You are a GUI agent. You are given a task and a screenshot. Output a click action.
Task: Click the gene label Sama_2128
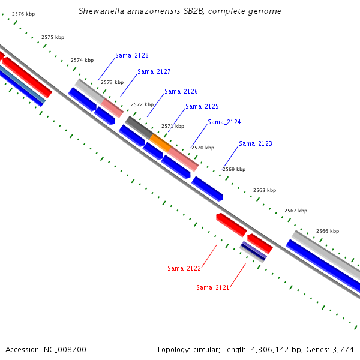pos(132,55)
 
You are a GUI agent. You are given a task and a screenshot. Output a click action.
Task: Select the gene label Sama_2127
pos(154,71)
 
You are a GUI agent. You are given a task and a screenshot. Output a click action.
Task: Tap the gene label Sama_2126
pos(181,91)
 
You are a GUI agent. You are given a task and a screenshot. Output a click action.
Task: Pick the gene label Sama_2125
pos(202,106)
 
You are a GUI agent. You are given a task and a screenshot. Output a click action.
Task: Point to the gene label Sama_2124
pos(224,122)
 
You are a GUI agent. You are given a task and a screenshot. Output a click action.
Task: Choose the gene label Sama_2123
pos(256,143)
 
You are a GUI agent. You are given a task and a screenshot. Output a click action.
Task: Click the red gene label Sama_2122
pos(184,268)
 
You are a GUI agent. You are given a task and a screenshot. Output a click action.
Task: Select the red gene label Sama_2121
pos(213,287)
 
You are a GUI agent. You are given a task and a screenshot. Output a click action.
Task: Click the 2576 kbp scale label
pos(23,13)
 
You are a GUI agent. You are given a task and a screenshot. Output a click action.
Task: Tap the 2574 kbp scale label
pos(82,60)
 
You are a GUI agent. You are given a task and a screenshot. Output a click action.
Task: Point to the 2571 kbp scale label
pos(173,126)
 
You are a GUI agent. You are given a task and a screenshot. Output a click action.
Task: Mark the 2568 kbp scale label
pos(265,190)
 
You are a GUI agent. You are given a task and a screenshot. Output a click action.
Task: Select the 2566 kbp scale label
pos(328,231)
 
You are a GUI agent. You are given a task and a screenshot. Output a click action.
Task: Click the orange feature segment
pos(160,142)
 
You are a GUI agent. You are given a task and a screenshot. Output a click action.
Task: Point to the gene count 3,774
pos(343,349)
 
